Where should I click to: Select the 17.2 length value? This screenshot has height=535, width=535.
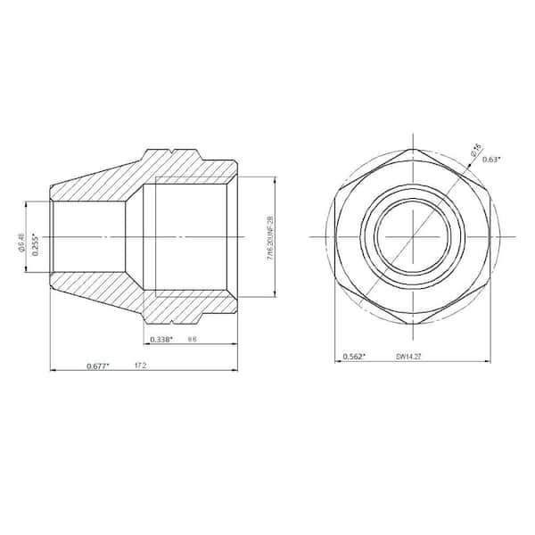pos(140,366)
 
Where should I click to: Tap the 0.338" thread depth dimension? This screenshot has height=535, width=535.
pos(160,340)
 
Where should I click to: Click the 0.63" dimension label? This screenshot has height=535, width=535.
pos(490,160)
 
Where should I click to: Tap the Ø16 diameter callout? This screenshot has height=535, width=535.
pos(477,149)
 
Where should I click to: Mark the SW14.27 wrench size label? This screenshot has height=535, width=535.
pos(408,357)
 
